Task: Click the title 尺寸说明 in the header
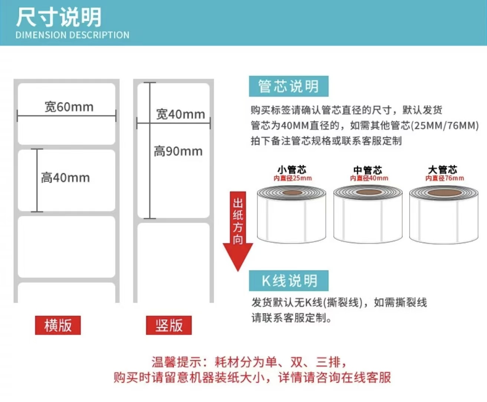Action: [x=59, y=17]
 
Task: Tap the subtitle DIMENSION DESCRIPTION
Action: [x=72, y=35]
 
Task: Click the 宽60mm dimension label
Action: [x=69, y=107]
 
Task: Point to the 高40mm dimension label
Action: [x=65, y=178]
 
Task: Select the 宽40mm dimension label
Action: [x=180, y=114]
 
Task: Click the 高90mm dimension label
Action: [x=178, y=151]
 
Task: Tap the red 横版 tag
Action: [x=58, y=325]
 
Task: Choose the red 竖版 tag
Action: [x=169, y=325]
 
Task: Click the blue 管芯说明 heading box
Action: [x=288, y=86]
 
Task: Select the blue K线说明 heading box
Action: [x=288, y=280]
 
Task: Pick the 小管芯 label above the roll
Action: [x=292, y=170]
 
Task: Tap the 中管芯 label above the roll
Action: [x=367, y=170]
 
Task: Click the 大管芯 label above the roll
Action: [x=442, y=170]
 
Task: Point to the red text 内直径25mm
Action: [x=292, y=178]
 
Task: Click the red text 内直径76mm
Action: [x=444, y=178]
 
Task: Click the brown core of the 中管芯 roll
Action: [x=368, y=192]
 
